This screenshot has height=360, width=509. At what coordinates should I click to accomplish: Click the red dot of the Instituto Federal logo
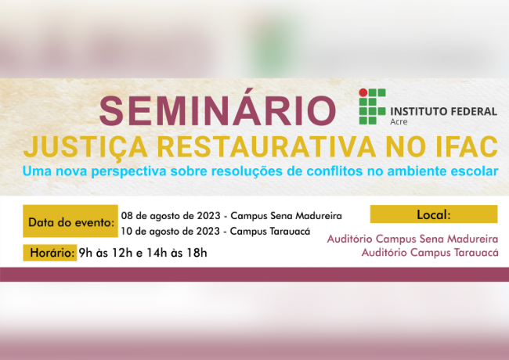(x=363, y=92)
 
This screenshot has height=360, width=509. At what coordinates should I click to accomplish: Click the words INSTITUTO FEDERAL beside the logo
(x=442, y=111)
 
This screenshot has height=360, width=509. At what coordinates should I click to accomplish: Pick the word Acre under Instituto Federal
(x=399, y=122)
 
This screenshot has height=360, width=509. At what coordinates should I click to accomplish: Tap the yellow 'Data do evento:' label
(x=70, y=223)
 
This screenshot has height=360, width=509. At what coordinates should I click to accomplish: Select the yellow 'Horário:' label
(x=49, y=253)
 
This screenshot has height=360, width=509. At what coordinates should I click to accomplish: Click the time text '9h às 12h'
(x=105, y=253)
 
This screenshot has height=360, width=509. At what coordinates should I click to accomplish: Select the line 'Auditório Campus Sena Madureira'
(x=412, y=238)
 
